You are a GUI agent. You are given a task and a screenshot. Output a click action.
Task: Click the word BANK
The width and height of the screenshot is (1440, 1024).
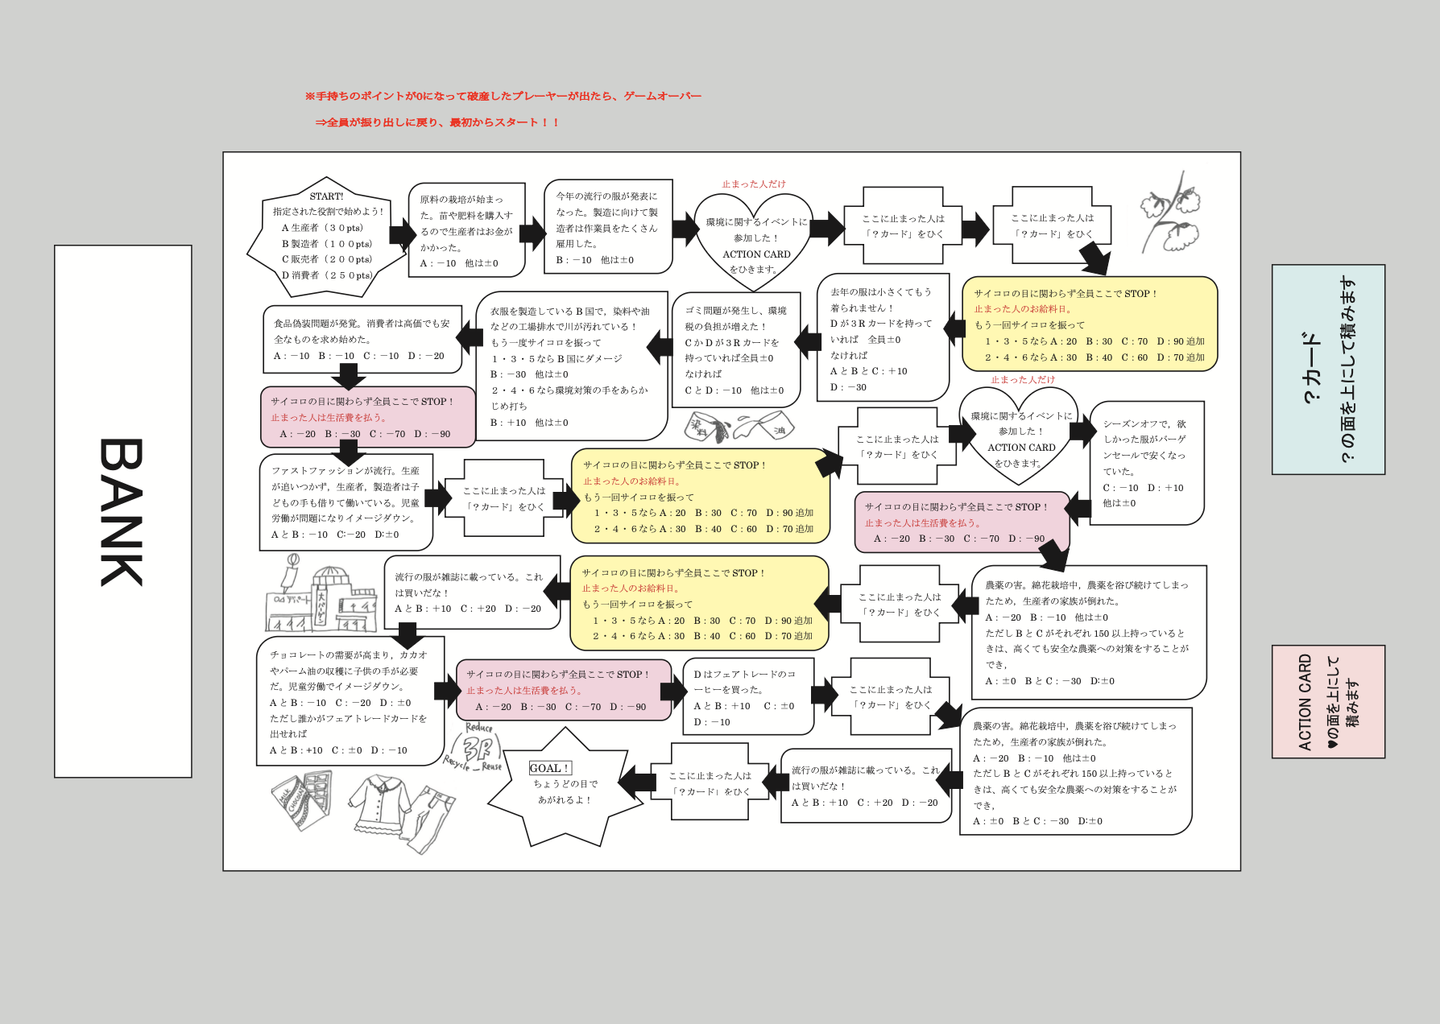(x=122, y=512)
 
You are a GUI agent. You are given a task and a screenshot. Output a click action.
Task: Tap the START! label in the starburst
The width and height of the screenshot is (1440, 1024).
(x=326, y=196)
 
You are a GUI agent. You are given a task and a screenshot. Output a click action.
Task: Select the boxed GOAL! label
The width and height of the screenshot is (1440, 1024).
(x=550, y=768)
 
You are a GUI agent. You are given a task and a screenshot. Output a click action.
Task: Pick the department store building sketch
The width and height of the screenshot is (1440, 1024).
(x=321, y=601)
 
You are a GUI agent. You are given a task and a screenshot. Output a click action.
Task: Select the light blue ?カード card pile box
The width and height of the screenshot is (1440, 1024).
(x=1328, y=370)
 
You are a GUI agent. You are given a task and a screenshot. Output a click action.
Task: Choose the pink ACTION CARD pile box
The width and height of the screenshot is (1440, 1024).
(x=1328, y=701)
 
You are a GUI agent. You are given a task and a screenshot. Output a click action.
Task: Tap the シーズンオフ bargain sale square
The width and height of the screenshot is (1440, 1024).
(x=1146, y=463)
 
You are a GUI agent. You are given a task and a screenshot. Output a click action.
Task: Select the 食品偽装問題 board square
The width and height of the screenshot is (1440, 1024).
(x=362, y=339)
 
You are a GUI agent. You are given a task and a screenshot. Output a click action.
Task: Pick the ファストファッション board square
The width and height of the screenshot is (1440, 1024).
(x=346, y=502)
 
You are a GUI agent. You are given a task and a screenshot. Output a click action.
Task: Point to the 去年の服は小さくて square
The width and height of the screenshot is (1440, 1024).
(x=881, y=338)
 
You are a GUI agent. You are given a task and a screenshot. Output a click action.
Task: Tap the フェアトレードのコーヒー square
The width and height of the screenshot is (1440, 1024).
(x=747, y=697)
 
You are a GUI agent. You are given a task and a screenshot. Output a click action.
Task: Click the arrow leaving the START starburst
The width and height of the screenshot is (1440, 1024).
(x=401, y=234)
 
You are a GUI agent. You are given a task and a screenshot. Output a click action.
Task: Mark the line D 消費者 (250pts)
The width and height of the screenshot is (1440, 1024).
(x=327, y=275)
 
